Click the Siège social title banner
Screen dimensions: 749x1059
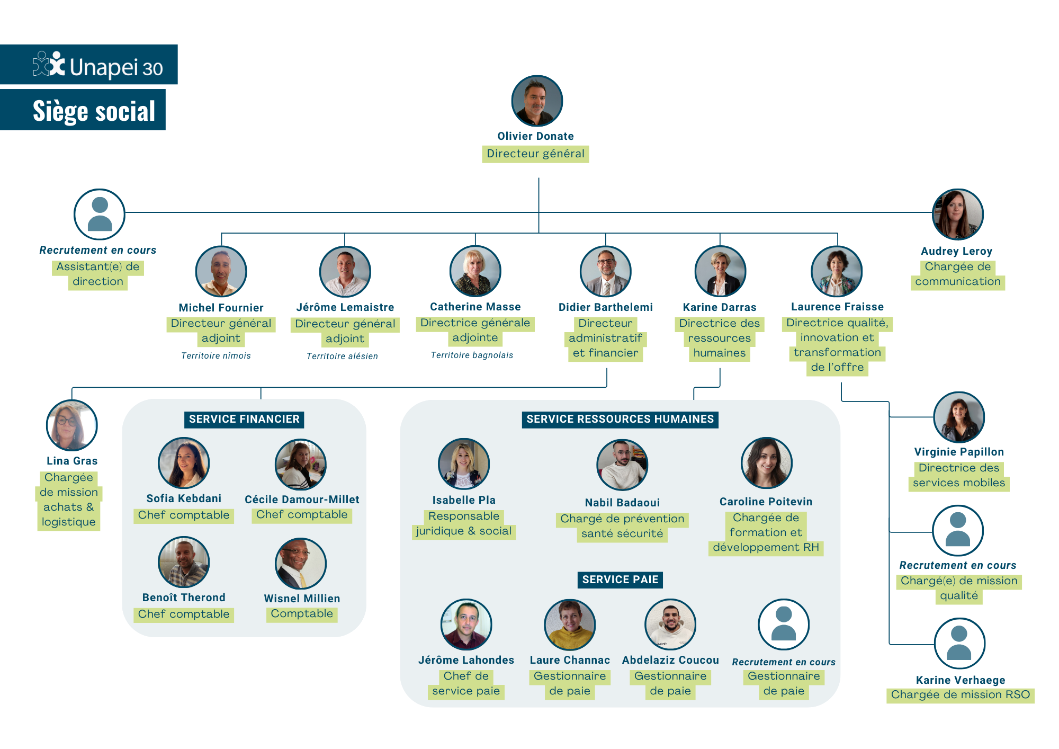[94, 111]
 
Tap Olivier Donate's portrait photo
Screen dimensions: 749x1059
[536, 101]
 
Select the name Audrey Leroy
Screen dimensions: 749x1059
[956, 251]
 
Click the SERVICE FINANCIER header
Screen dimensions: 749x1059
[244, 419]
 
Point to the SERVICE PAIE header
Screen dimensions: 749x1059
[620, 579]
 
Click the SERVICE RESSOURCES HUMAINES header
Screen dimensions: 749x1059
[620, 419]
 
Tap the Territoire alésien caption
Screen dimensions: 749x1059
[342, 356]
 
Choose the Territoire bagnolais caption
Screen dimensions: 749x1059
[472, 355]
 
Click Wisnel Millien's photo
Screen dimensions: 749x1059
[301, 564]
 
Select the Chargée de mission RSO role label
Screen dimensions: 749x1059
[960, 695]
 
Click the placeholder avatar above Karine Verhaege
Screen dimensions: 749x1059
[959, 643]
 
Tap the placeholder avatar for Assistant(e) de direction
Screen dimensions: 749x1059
[100, 214]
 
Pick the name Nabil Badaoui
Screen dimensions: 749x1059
[622, 503]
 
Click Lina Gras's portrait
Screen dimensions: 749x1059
[72, 425]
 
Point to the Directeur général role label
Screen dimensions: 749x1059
[535, 154]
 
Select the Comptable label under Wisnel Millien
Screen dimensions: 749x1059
[302, 613]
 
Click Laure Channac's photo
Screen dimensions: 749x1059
[570, 625]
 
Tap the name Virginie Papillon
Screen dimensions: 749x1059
[959, 452]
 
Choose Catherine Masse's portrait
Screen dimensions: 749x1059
[475, 271]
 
